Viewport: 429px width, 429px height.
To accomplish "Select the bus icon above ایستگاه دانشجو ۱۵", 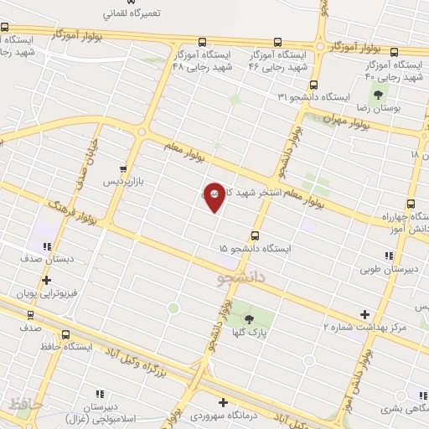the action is click(254, 235).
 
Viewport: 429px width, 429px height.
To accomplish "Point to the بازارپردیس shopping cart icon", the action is click(124, 168).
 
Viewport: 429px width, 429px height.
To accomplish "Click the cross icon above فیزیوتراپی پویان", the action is click(45, 282).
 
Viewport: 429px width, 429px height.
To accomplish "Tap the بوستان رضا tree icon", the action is click(379, 96).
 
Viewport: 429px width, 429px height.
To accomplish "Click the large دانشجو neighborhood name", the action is click(242, 273).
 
